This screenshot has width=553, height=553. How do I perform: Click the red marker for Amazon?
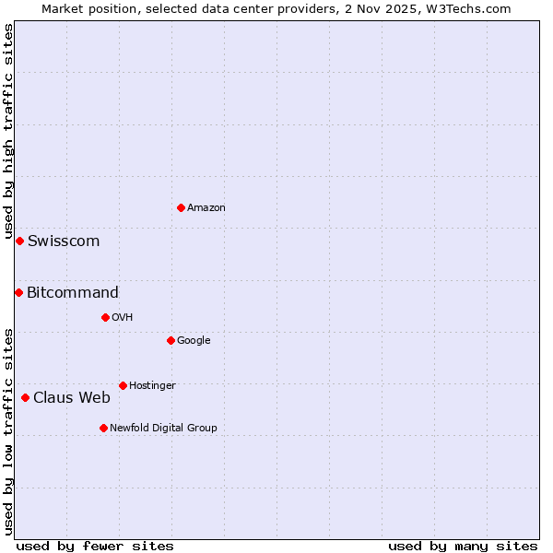181,207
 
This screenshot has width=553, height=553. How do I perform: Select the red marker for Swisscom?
19,241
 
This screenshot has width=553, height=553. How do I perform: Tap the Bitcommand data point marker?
18,292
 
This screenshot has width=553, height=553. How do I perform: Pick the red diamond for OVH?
105,317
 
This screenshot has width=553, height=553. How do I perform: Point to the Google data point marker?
171,340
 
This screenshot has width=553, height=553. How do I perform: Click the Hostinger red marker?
123,385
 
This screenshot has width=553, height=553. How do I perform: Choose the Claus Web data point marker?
25,397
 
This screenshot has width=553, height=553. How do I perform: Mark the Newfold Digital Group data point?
103,428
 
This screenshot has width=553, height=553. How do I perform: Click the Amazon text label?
206,208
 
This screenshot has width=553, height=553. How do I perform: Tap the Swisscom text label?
64,241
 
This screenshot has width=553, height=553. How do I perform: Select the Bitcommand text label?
73,293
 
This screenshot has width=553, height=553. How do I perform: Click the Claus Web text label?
72,398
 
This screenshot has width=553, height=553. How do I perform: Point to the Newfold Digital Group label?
164,428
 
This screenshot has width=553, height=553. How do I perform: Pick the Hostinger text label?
152,385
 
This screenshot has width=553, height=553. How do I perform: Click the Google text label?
194,341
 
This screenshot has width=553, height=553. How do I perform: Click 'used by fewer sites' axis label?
95,546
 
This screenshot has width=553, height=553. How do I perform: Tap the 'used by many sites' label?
463,546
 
